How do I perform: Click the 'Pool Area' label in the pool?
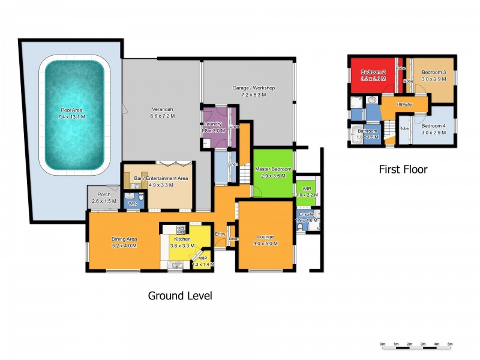coord(71,110)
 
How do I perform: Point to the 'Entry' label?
coord(220,234)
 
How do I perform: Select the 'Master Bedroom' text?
coord(273,169)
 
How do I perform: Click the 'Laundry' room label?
coord(213,124)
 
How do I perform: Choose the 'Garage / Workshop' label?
coord(253,88)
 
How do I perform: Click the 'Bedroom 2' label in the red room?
coord(373,72)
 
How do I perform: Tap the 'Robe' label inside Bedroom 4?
coord(404,128)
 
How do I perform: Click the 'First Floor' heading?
coord(403,170)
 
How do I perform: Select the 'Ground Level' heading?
coord(179,296)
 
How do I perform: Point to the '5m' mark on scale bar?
coord(449,344)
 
